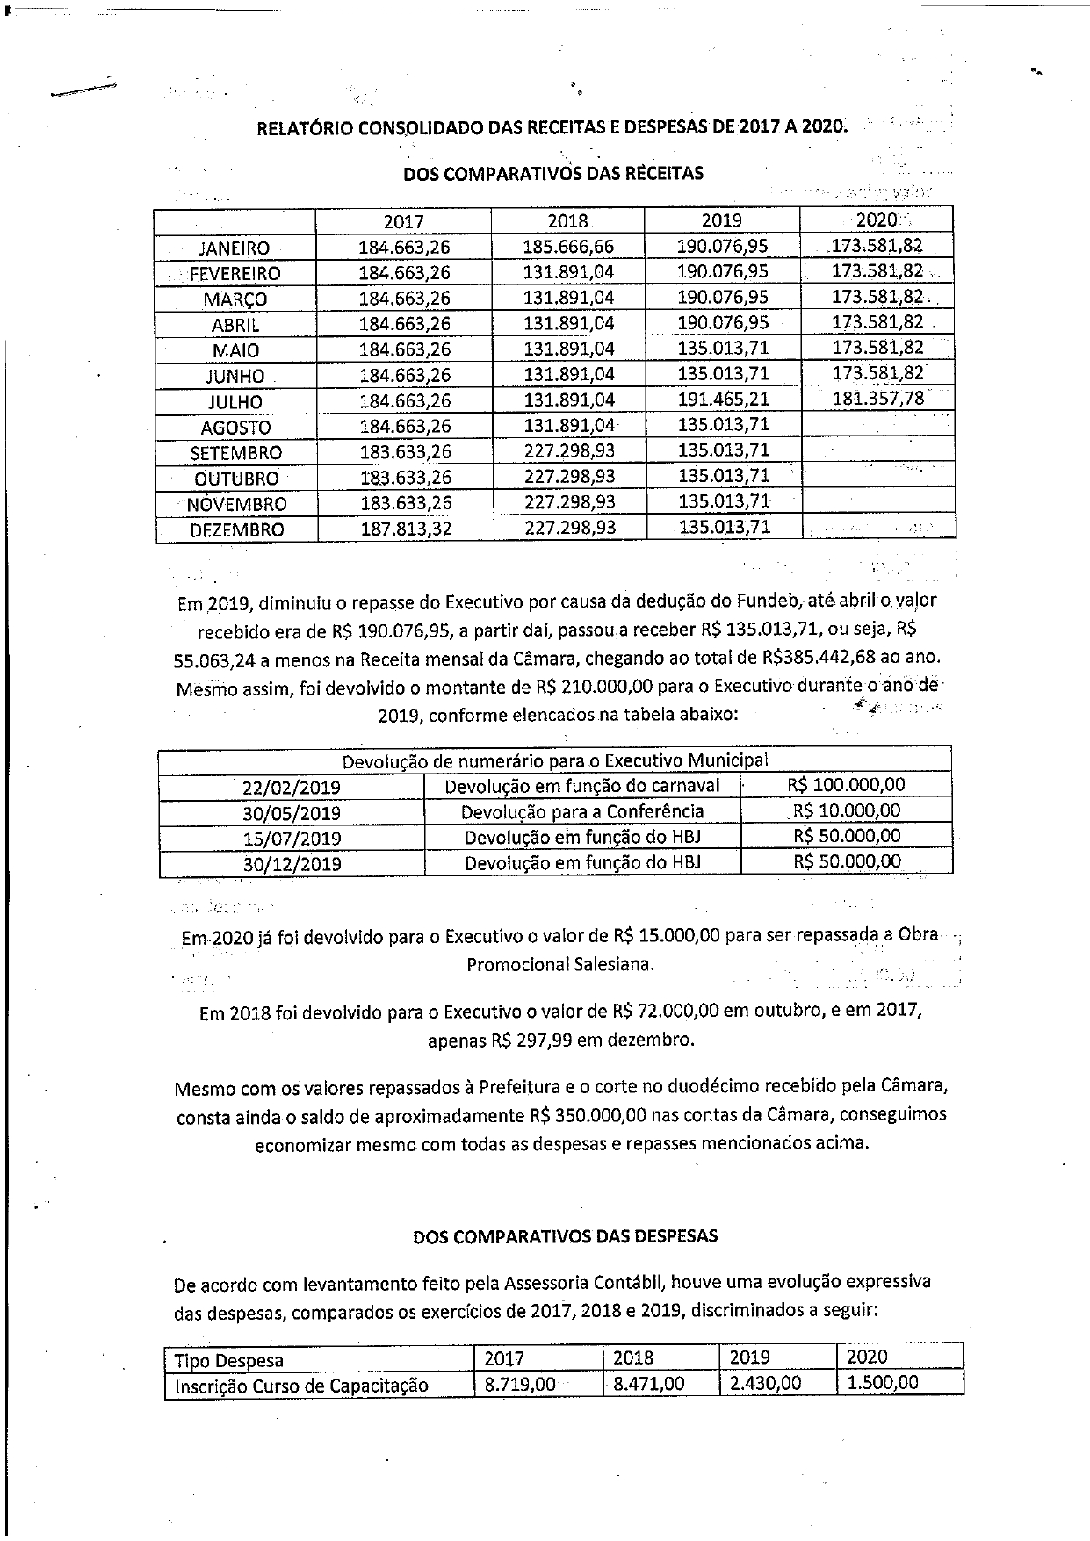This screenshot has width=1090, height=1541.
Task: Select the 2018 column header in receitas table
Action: [x=567, y=221]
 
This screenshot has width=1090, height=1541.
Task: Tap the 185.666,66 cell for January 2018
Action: [x=568, y=248]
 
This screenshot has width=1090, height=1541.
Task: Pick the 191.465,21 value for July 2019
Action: [x=723, y=400]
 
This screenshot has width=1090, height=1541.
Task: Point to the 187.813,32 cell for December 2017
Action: [x=404, y=529]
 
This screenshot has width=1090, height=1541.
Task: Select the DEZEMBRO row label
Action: [x=237, y=529]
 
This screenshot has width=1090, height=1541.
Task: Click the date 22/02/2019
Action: [x=292, y=788]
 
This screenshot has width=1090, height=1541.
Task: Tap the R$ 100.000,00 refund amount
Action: [x=846, y=785]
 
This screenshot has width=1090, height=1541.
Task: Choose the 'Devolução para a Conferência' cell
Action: [x=582, y=811]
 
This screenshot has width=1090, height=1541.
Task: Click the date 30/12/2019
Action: [x=292, y=863]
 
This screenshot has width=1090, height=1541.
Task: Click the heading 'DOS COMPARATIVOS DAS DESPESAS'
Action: [x=565, y=1236]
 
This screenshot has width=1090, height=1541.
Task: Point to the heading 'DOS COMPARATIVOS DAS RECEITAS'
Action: [x=553, y=174]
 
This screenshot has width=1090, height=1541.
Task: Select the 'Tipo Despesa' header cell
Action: [x=229, y=1360]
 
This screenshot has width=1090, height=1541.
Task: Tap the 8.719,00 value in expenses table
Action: [x=520, y=1384]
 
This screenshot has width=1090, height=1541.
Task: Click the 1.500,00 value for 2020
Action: [x=883, y=1383]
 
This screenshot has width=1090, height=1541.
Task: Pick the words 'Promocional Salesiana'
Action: [x=559, y=964]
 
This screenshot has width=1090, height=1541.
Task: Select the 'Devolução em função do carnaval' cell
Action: [x=582, y=786]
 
